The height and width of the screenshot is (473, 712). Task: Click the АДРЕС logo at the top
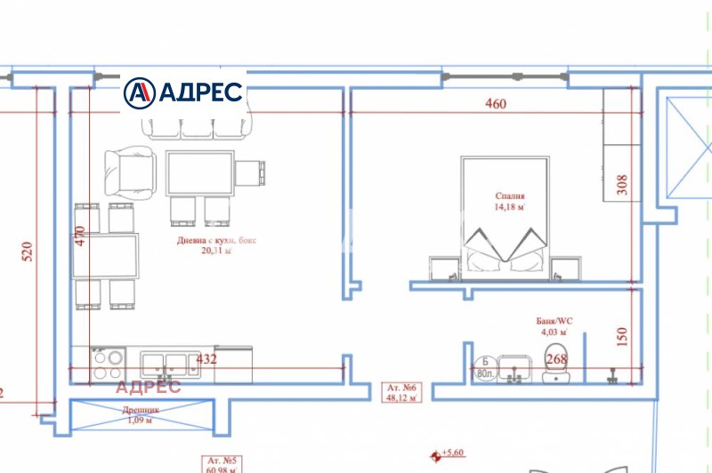tap(183, 91)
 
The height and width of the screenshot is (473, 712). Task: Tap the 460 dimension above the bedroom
tap(495, 104)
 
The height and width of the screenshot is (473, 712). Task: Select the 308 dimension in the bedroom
tap(622, 184)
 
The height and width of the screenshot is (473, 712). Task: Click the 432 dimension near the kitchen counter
tap(206, 360)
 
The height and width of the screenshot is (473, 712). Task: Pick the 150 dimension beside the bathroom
tap(622, 336)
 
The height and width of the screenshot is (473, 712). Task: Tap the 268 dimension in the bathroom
tap(556, 360)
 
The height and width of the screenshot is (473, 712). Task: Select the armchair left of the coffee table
tap(130, 172)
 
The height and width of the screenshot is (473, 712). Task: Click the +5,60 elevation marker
tap(453, 453)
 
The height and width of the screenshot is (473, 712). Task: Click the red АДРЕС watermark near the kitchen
tap(148, 386)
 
